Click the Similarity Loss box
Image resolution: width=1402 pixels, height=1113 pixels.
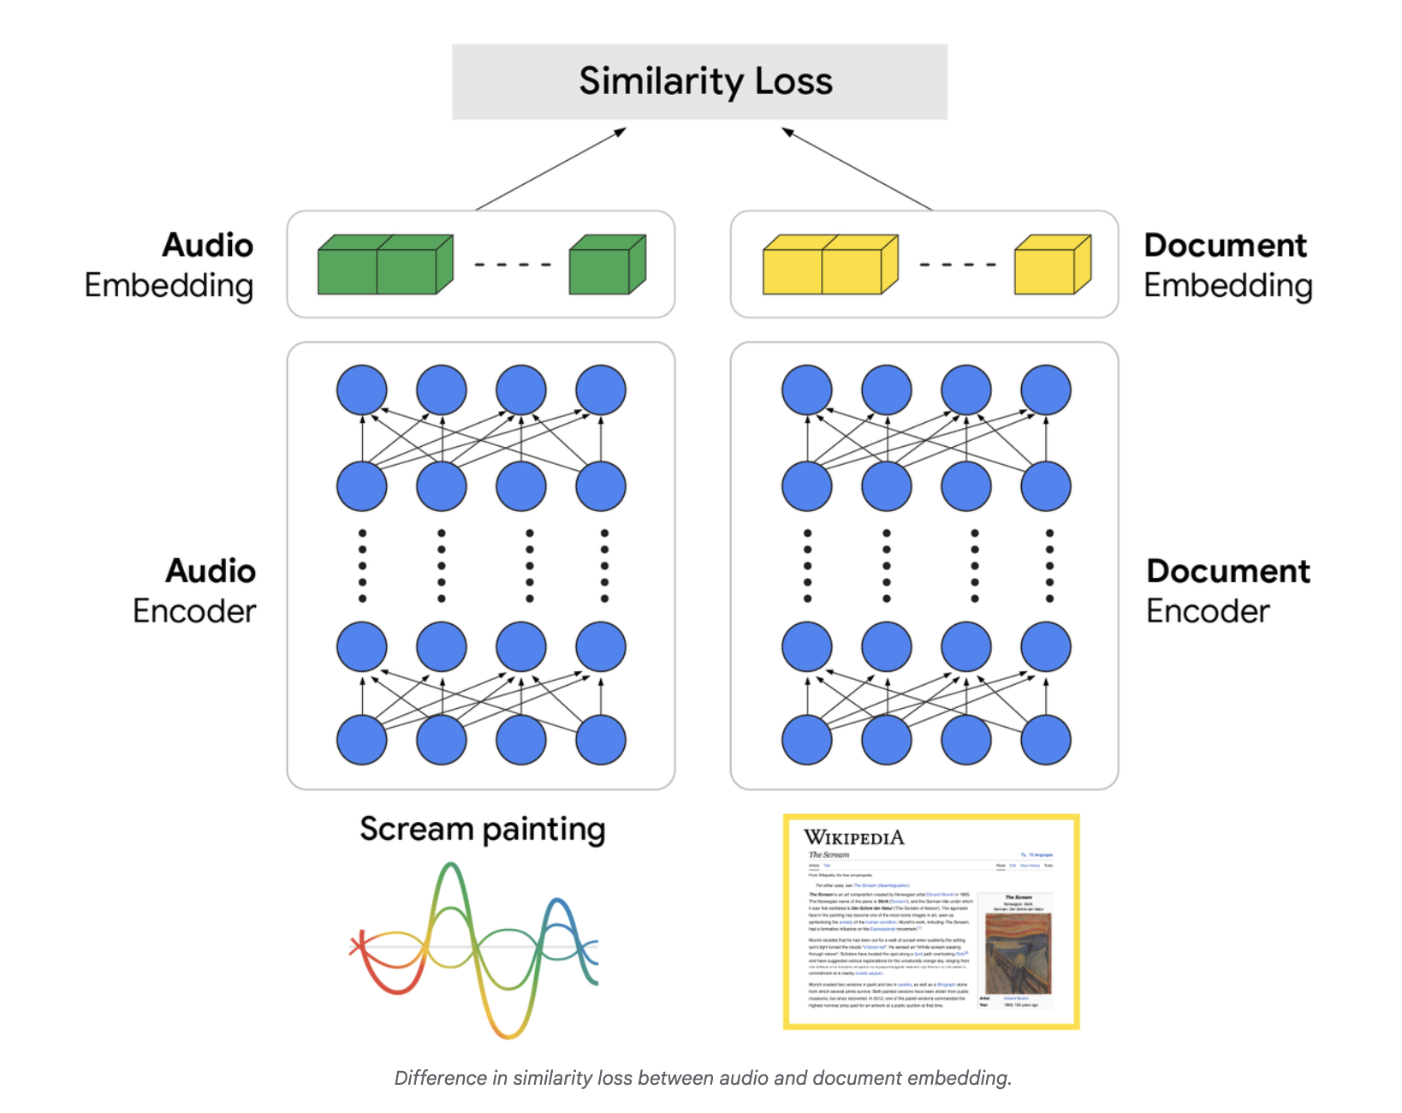(699, 82)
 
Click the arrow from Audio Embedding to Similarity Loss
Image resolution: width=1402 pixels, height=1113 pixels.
(551, 169)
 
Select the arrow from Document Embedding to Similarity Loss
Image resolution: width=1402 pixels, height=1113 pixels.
(857, 169)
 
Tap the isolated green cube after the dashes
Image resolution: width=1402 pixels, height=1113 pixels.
(607, 266)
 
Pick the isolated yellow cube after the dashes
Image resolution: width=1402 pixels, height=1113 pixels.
(1052, 266)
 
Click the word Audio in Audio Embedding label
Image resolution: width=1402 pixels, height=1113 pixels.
(208, 246)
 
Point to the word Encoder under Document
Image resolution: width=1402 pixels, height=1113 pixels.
(1208, 611)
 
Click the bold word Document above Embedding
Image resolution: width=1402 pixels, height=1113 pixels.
(1225, 246)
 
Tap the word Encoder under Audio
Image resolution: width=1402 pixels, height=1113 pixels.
(194, 611)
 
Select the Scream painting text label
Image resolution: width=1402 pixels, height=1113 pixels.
(483, 830)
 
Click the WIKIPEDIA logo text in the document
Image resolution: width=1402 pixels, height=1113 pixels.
(853, 837)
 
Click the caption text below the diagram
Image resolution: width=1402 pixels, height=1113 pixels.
(703, 1078)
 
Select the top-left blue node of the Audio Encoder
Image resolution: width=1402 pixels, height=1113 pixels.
(362, 390)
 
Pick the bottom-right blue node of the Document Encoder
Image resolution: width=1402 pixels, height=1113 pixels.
(1046, 740)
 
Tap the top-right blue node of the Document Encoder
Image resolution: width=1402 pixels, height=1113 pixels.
(1046, 390)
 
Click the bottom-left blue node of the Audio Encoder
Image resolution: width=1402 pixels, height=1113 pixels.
(362, 740)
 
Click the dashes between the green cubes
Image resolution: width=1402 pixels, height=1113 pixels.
(513, 265)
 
